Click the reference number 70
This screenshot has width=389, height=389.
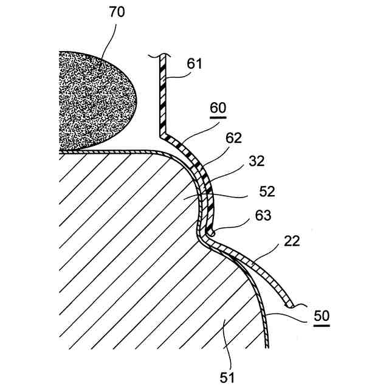pyautogui.click(x=117, y=12)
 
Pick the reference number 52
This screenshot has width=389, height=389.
pyautogui.click(x=267, y=191)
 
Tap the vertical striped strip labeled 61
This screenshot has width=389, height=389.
pyautogui.click(x=162, y=97)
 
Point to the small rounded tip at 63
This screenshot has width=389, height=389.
pyautogui.click(x=211, y=232)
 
